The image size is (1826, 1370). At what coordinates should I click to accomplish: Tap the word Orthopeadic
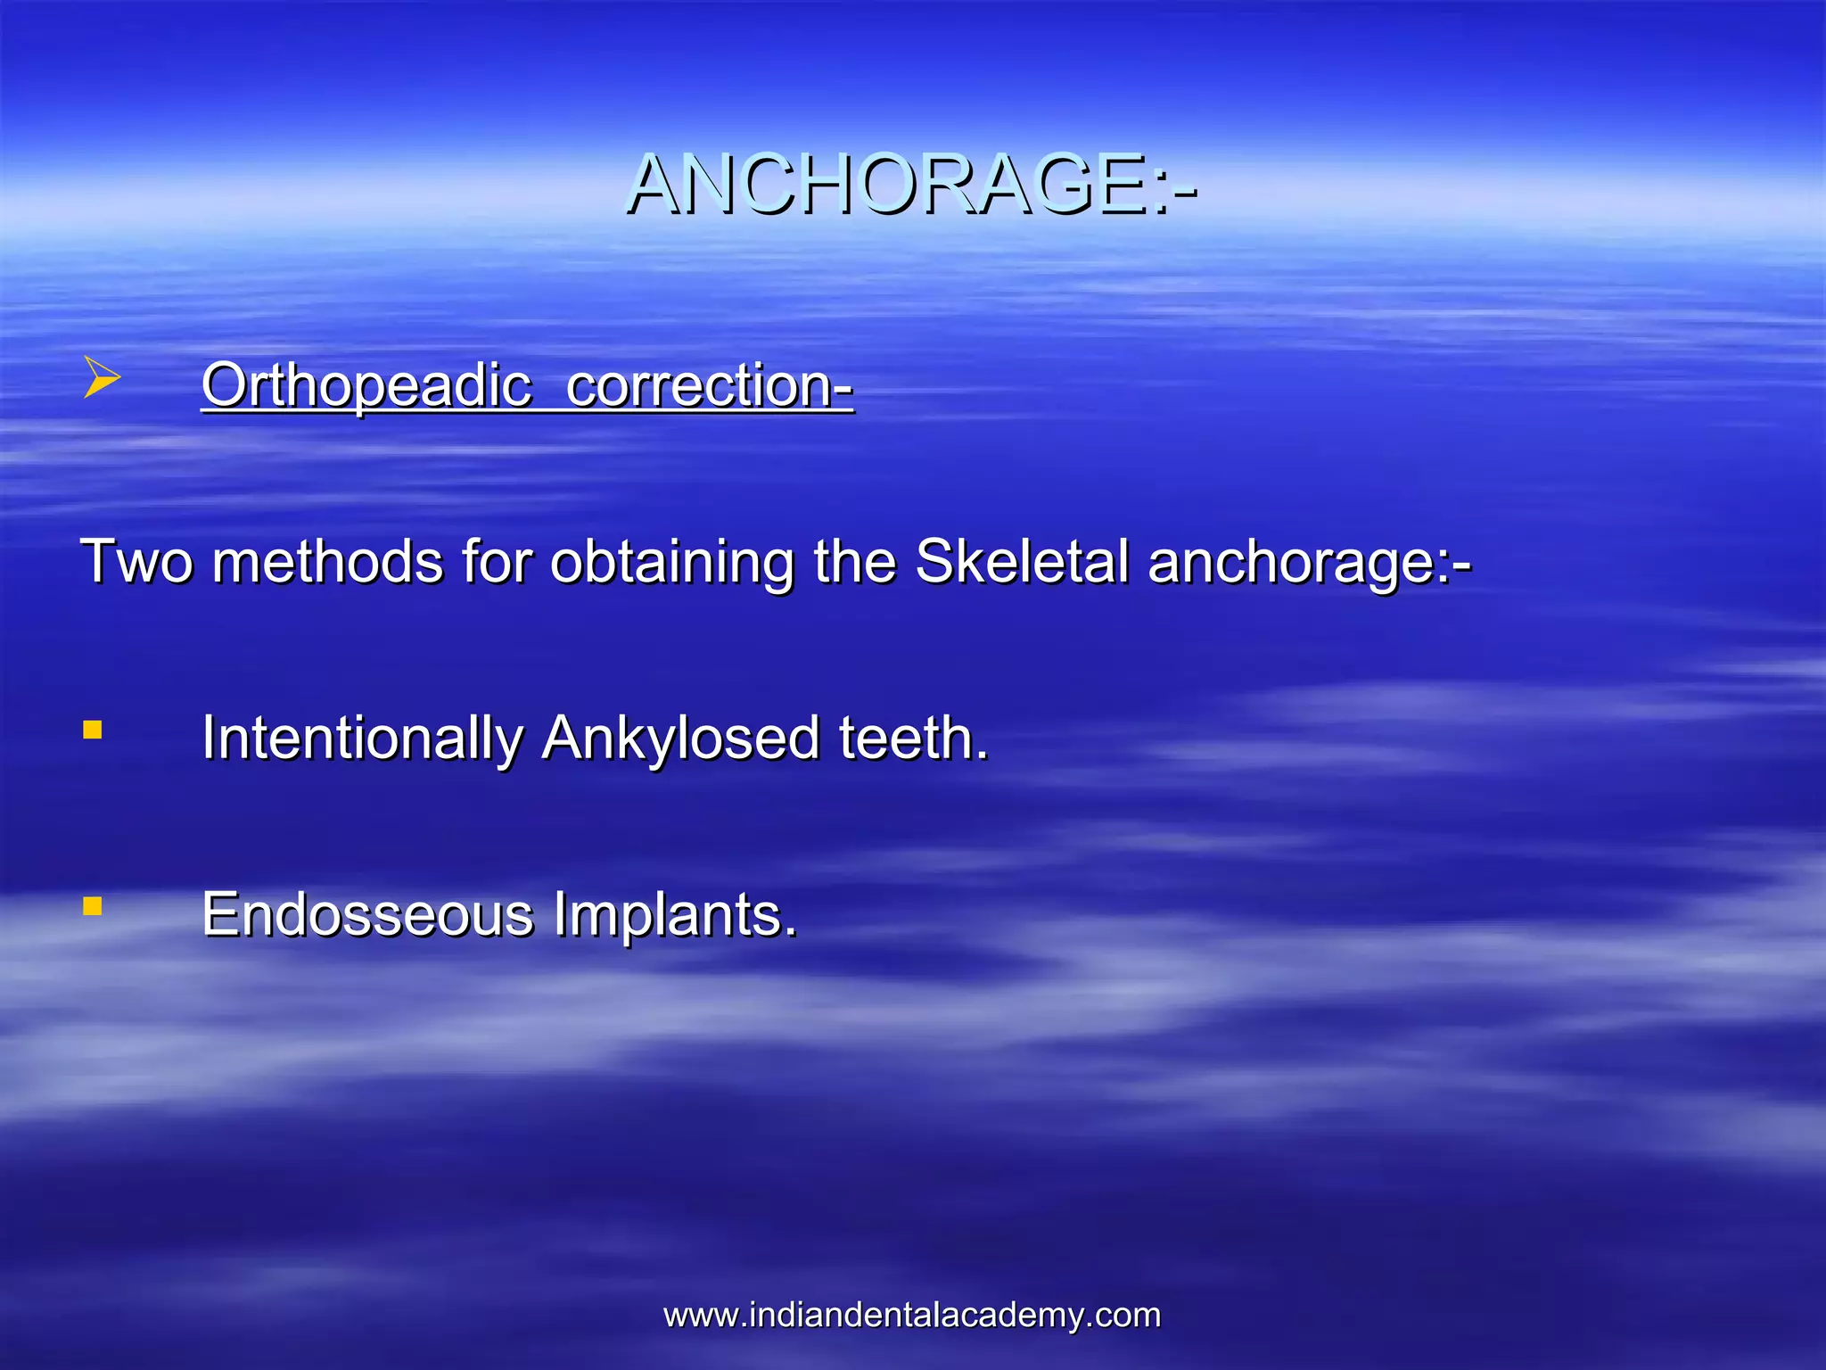(x=366, y=385)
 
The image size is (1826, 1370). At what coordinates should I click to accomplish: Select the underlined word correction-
(x=710, y=385)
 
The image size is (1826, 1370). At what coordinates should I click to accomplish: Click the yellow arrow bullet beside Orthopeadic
(x=101, y=377)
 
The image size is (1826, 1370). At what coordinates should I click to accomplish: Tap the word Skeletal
(x=1022, y=562)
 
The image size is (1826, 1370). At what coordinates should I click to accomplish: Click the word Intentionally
(x=362, y=739)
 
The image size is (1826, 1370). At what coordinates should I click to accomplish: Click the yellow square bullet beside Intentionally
(x=92, y=730)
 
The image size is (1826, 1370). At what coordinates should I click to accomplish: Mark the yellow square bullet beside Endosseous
(x=92, y=906)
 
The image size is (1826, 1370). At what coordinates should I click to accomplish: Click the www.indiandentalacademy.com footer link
(x=911, y=1315)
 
